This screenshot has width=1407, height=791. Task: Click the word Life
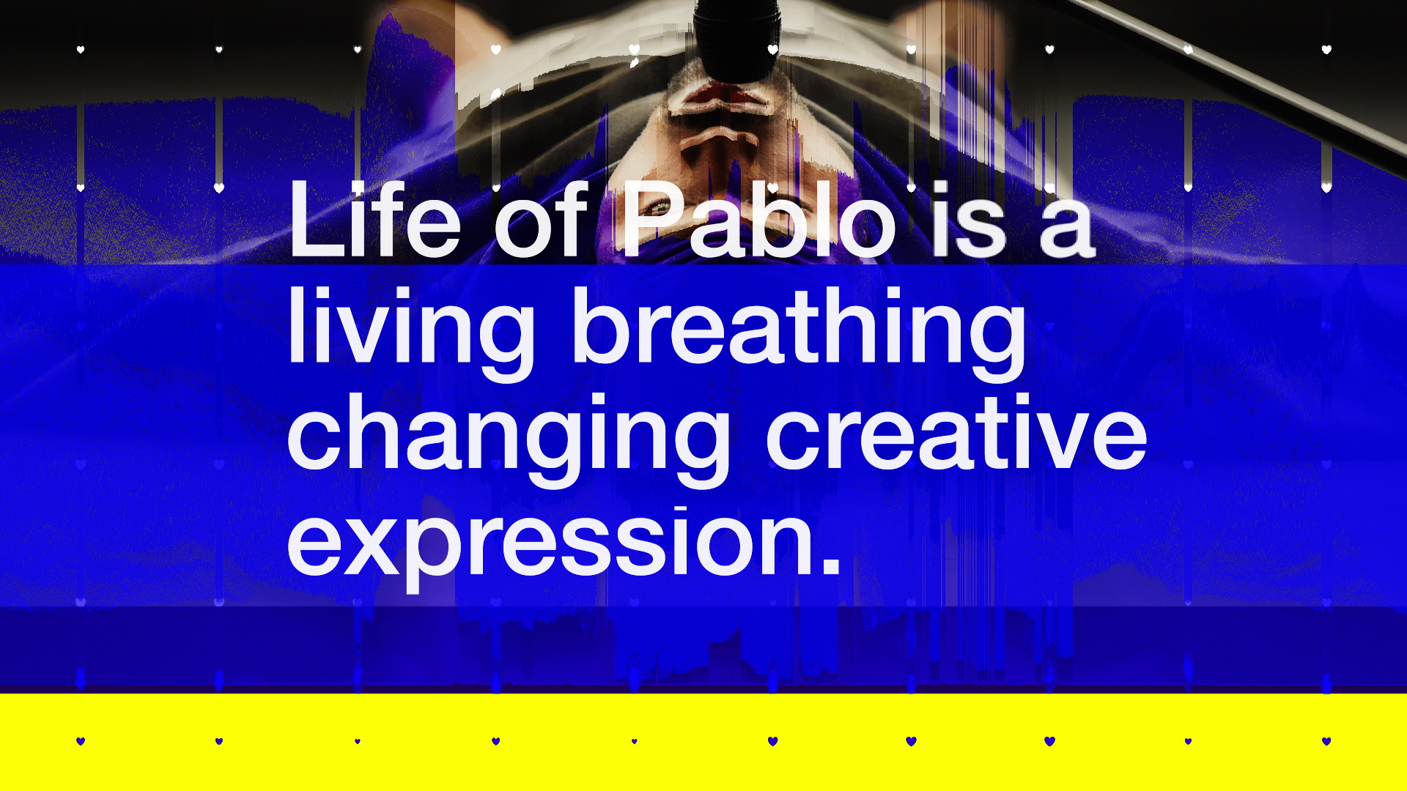pyautogui.click(x=374, y=219)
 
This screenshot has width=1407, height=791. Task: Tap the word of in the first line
pyautogui.click(x=541, y=219)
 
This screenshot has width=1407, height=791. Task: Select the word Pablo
pyautogui.click(x=758, y=219)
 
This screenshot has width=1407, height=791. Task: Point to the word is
pyautogui.click(x=968, y=219)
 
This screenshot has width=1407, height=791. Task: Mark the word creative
pyautogui.click(x=956, y=431)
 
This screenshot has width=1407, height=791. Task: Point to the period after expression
pyautogui.click(x=831, y=564)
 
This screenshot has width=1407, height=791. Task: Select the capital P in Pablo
pyautogui.click(x=654, y=219)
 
